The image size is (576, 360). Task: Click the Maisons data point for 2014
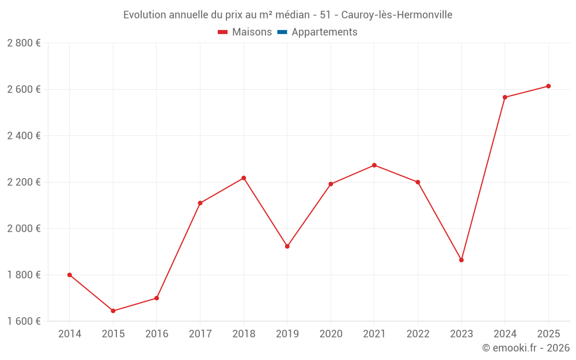coord(70,275)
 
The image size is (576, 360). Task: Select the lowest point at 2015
coord(113,311)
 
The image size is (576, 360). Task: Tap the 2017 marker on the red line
coord(200,203)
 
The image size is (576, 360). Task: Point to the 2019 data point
coord(287,247)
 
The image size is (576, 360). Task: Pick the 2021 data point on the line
coord(374,165)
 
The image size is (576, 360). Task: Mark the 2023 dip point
coord(461,260)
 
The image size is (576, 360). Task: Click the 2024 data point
coord(505,97)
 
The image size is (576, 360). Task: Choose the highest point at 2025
coord(548,86)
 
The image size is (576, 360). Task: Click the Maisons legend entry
coord(245,32)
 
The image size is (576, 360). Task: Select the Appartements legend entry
coord(317,32)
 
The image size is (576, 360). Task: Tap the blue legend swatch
coord(282,32)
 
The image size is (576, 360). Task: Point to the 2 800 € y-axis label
coord(24,43)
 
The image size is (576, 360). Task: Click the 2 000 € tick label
coord(24,229)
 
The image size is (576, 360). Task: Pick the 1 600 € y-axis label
coord(24,321)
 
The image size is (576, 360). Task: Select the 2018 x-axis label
coord(244,334)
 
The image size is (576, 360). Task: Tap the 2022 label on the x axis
coord(418,334)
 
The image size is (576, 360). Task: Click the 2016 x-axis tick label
coord(157,334)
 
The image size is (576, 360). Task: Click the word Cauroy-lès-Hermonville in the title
coord(397,15)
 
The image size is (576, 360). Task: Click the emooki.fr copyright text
coord(526,347)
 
